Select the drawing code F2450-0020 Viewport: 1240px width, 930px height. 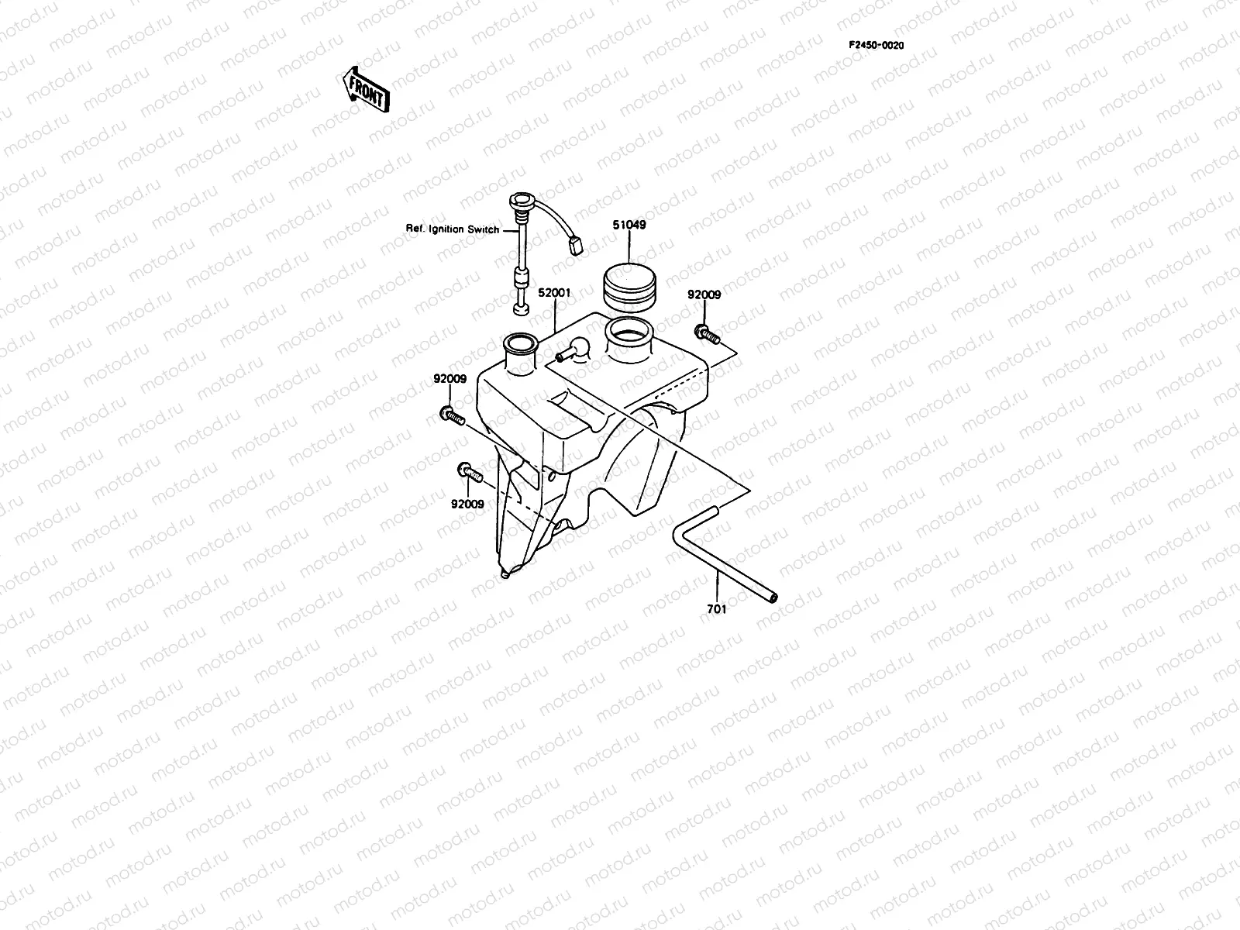point(876,45)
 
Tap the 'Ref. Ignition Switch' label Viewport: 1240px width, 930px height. point(453,229)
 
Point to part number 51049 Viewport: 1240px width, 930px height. point(630,226)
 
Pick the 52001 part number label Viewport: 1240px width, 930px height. point(555,293)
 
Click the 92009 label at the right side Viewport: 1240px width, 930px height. point(704,294)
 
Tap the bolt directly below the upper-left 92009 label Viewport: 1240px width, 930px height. point(452,417)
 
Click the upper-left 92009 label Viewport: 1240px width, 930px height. point(449,379)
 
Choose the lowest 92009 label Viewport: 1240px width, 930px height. point(467,505)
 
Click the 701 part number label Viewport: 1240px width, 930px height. point(717,609)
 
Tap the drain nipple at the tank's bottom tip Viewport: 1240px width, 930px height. point(506,574)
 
